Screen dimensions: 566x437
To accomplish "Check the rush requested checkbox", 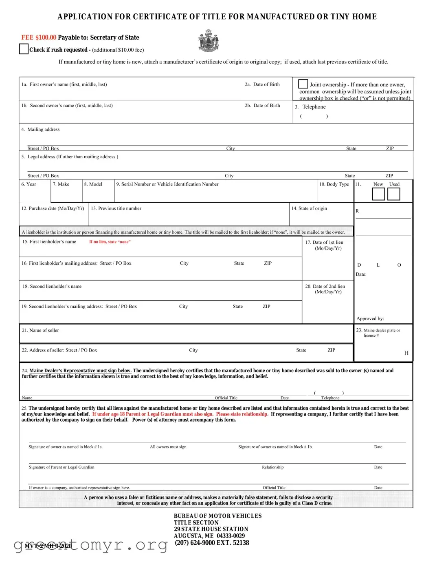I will pos(24,49).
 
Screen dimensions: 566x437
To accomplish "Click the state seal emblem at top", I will pos(209,41).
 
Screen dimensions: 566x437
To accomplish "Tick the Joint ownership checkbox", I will pos(303,84).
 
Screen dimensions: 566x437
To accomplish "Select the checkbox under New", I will pos(378,194).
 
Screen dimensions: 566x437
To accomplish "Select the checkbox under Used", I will pos(393,194).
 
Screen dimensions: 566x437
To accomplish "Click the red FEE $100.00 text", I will pos(39,38).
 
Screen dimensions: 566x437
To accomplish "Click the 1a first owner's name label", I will pos(64,84).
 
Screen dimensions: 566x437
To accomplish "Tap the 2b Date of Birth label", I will pos(262,106).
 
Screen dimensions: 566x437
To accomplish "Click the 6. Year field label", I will pos(29,184).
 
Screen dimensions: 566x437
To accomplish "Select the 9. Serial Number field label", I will pos(167,184).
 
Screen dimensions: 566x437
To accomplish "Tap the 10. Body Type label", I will pos(334,184).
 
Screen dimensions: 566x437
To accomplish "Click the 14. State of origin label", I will pos(309,208).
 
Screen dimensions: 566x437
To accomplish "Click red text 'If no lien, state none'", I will pos(110,242).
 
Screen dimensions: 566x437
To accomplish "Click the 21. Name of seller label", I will pos(40,330).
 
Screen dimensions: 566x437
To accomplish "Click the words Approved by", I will pos(370,318).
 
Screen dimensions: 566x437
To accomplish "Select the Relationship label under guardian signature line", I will pos(272,467).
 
